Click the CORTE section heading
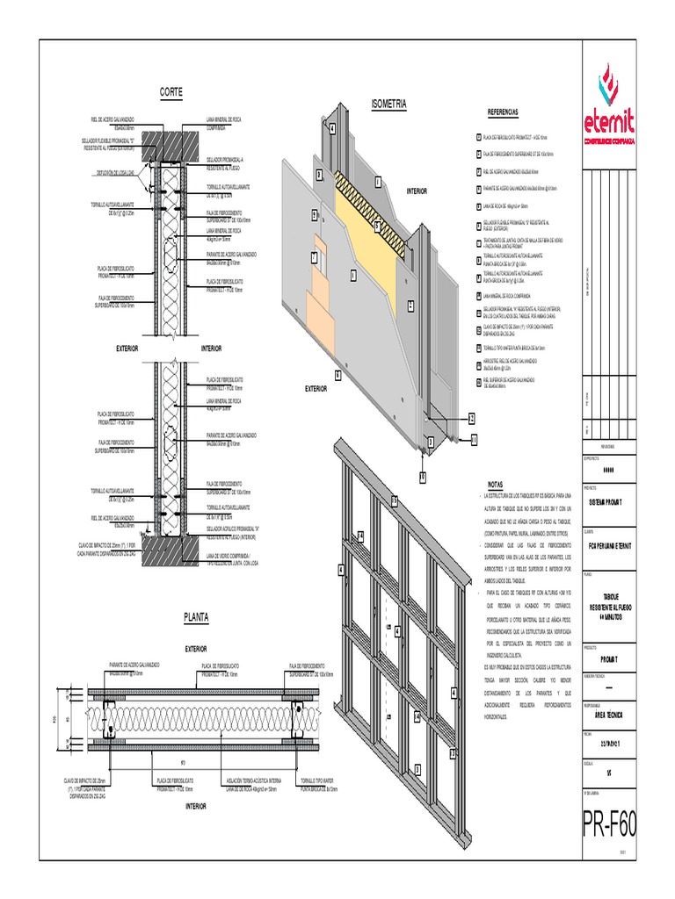(x=171, y=91)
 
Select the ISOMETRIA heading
(x=389, y=104)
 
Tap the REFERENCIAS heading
(x=503, y=112)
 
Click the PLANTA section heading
(x=196, y=617)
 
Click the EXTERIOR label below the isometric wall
(x=316, y=387)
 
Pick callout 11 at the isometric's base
(x=474, y=438)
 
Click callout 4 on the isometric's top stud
(x=333, y=128)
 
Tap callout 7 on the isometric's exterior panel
(x=313, y=256)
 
